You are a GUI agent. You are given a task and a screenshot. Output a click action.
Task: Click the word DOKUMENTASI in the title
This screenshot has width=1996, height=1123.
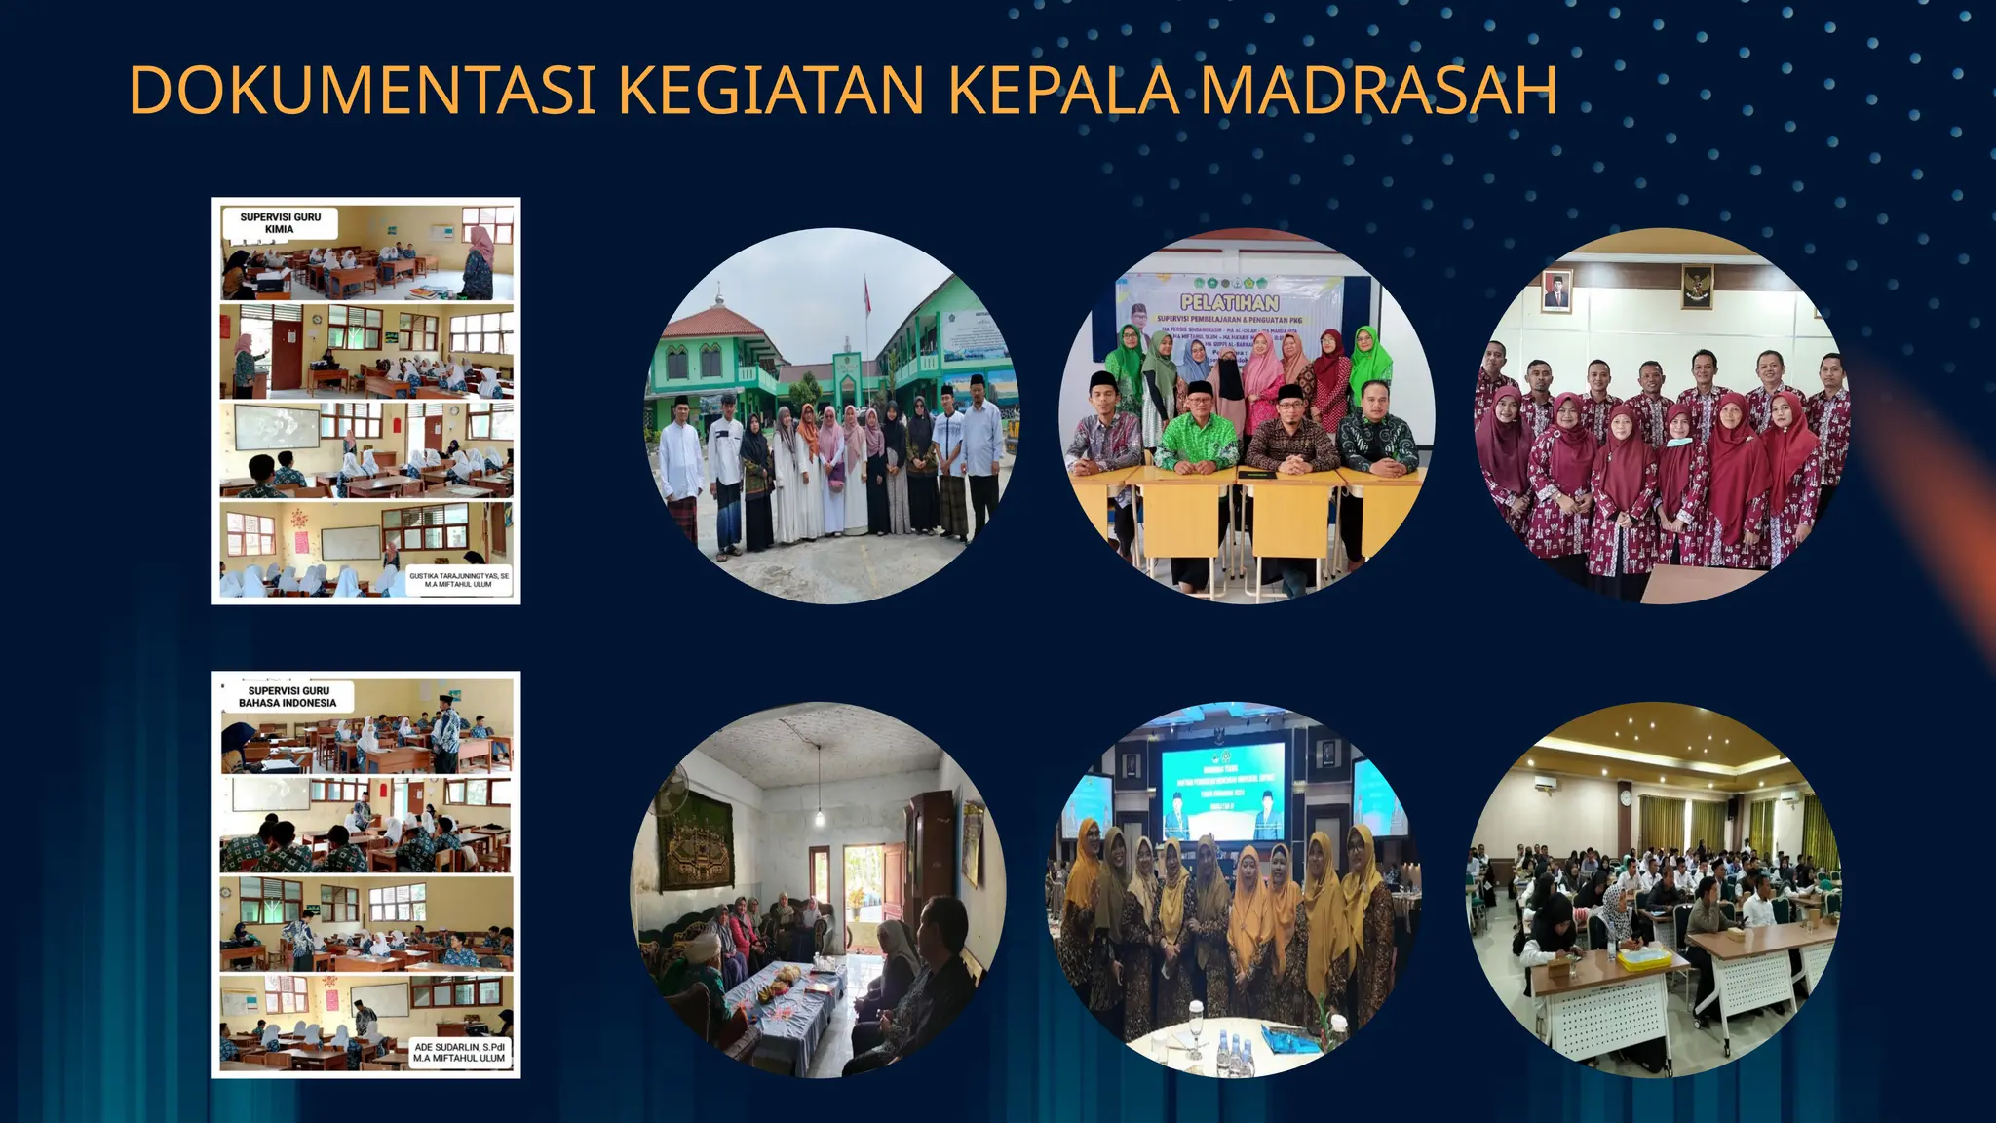362,91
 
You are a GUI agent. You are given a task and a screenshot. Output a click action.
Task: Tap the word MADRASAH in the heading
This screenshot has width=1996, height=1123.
1378,91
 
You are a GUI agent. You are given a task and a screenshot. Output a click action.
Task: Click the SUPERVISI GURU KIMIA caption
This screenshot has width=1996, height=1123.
280,223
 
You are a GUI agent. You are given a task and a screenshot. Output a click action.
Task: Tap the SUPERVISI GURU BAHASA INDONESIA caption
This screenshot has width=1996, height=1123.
288,696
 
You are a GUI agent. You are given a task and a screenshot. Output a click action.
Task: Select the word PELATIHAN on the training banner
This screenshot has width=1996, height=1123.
1229,303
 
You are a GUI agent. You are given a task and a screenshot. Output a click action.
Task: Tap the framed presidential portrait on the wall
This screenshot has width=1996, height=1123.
1556,291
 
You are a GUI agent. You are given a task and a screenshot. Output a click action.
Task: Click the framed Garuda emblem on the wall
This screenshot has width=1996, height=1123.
1697,286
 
